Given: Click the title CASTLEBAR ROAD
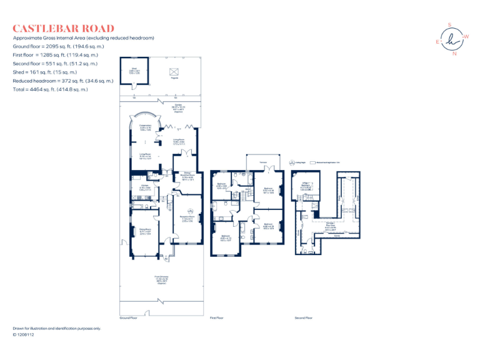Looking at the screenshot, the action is tap(64, 28).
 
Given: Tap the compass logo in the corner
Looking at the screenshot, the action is tap(450, 39).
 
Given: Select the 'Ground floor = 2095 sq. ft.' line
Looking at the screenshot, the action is tap(58, 46).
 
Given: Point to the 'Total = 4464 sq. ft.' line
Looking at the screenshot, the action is tap(51, 89).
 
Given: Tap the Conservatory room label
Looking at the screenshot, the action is tap(145, 127).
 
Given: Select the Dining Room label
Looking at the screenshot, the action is tap(145, 232).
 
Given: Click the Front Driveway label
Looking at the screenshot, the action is tap(161, 278).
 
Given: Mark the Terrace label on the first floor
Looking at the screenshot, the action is tap(264, 163).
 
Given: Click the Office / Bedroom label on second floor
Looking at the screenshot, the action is tap(306, 186).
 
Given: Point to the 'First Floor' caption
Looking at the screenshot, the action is tap(216, 317).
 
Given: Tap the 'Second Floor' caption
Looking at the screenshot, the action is tap(304, 317).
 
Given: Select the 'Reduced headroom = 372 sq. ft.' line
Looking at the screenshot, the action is tap(63, 81).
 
